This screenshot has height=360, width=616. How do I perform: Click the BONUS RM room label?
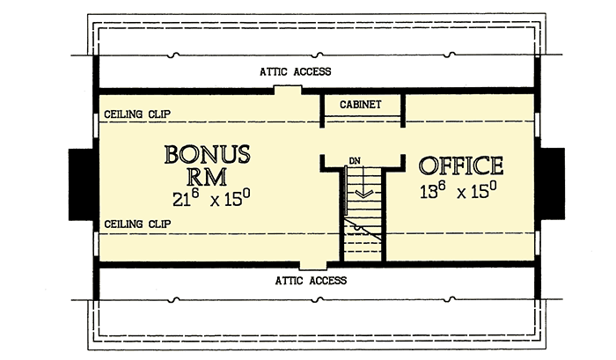point(207,165)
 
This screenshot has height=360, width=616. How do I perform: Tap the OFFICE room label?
point(461,165)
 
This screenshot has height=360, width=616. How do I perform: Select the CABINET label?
point(360,105)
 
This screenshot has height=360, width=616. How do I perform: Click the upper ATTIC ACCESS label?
point(296,71)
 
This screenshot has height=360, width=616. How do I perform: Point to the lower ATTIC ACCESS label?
point(311,281)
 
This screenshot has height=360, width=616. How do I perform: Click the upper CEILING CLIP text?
point(137,114)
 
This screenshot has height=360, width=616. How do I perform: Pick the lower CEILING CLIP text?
point(137,224)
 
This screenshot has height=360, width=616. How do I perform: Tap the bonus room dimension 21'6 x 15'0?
point(211,198)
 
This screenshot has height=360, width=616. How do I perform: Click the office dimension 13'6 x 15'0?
point(458,190)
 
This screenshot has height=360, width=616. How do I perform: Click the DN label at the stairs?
point(355,161)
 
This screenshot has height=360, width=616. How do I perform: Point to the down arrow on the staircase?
point(363,181)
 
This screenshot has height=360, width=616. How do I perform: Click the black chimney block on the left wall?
point(81,184)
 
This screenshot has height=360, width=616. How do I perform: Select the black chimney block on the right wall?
point(553,183)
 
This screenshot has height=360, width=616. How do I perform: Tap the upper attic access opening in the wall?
point(288,90)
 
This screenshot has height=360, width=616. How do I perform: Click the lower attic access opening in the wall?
point(313,265)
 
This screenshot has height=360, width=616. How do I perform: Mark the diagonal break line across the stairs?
point(363,230)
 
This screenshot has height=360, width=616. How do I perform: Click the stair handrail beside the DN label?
point(346,190)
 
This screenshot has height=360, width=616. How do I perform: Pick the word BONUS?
point(207,154)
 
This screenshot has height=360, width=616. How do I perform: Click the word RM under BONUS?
point(207,177)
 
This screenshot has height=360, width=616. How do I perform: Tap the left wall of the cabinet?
point(322,111)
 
